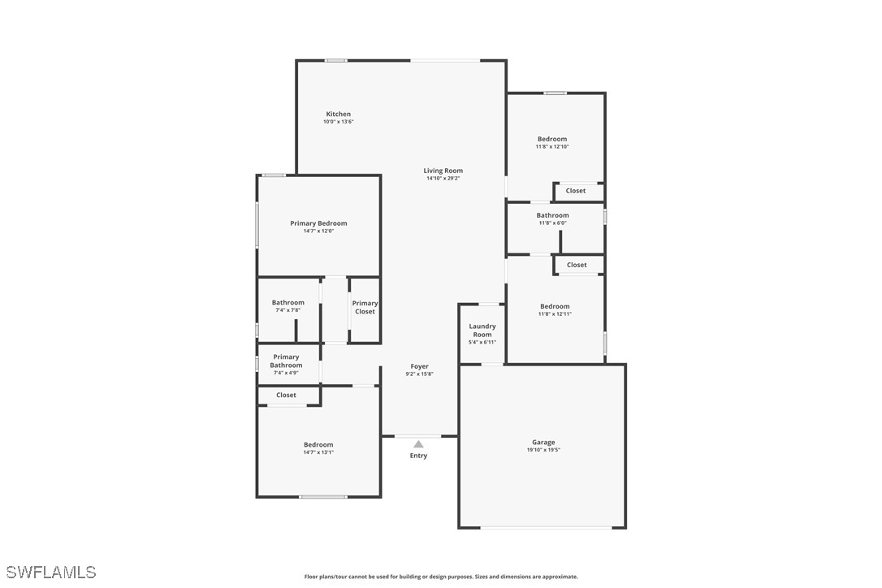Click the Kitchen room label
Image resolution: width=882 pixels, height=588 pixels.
click(x=338, y=115)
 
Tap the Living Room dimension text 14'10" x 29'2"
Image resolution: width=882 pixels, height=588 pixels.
click(x=443, y=179)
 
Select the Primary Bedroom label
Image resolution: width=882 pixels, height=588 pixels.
click(x=318, y=223)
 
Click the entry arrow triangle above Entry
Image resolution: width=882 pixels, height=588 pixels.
click(x=418, y=444)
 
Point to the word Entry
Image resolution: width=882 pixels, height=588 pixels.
click(x=418, y=456)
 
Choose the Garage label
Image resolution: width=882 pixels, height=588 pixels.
click(x=543, y=443)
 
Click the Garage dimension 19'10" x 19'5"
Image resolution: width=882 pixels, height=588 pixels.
click(x=543, y=450)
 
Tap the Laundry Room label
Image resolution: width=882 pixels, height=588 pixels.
click(x=482, y=331)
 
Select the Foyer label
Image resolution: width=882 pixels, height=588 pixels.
click(x=420, y=366)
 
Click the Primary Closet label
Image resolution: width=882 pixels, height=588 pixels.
click(x=365, y=307)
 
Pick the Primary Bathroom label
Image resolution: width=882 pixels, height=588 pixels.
click(x=286, y=361)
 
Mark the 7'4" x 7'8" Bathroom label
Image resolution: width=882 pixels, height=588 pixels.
click(x=288, y=303)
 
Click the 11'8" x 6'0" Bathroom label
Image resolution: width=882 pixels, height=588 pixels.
click(x=552, y=215)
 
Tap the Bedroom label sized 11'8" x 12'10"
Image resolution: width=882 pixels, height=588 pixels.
click(x=552, y=139)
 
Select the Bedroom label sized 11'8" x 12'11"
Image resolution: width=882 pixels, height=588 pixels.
click(x=555, y=307)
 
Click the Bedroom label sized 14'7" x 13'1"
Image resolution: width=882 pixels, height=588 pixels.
click(x=318, y=445)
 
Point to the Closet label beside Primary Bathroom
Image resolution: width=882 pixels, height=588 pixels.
click(x=286, y=395)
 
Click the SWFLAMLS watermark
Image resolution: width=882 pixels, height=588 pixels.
click(x=51, y=573)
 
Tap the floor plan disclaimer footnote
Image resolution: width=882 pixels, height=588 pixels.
click(x=441, y=577)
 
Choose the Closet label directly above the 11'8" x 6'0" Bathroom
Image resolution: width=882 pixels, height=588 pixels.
click(x=576, y=191)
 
